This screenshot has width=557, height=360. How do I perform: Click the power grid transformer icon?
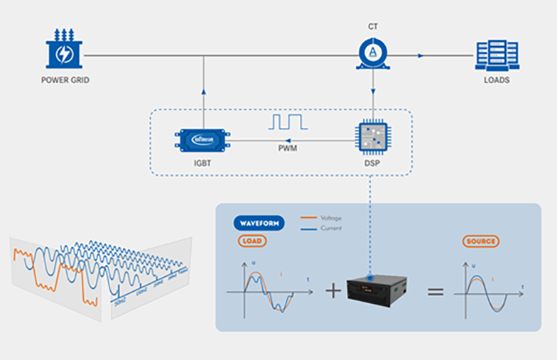pos(64,50)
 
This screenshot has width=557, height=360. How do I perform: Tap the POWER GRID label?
pos(65,80)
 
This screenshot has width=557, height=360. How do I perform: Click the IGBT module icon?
pos(204,139)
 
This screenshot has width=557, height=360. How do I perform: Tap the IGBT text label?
pos(205,163)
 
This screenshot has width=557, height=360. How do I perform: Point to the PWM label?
pos(287,150)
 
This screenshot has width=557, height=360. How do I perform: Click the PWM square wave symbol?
pos(287,121)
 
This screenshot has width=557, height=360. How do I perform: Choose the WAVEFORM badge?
pos(259,223)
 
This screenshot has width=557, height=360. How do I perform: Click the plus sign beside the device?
pos(332,291)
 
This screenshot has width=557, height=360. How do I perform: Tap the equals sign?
pos(435,291)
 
